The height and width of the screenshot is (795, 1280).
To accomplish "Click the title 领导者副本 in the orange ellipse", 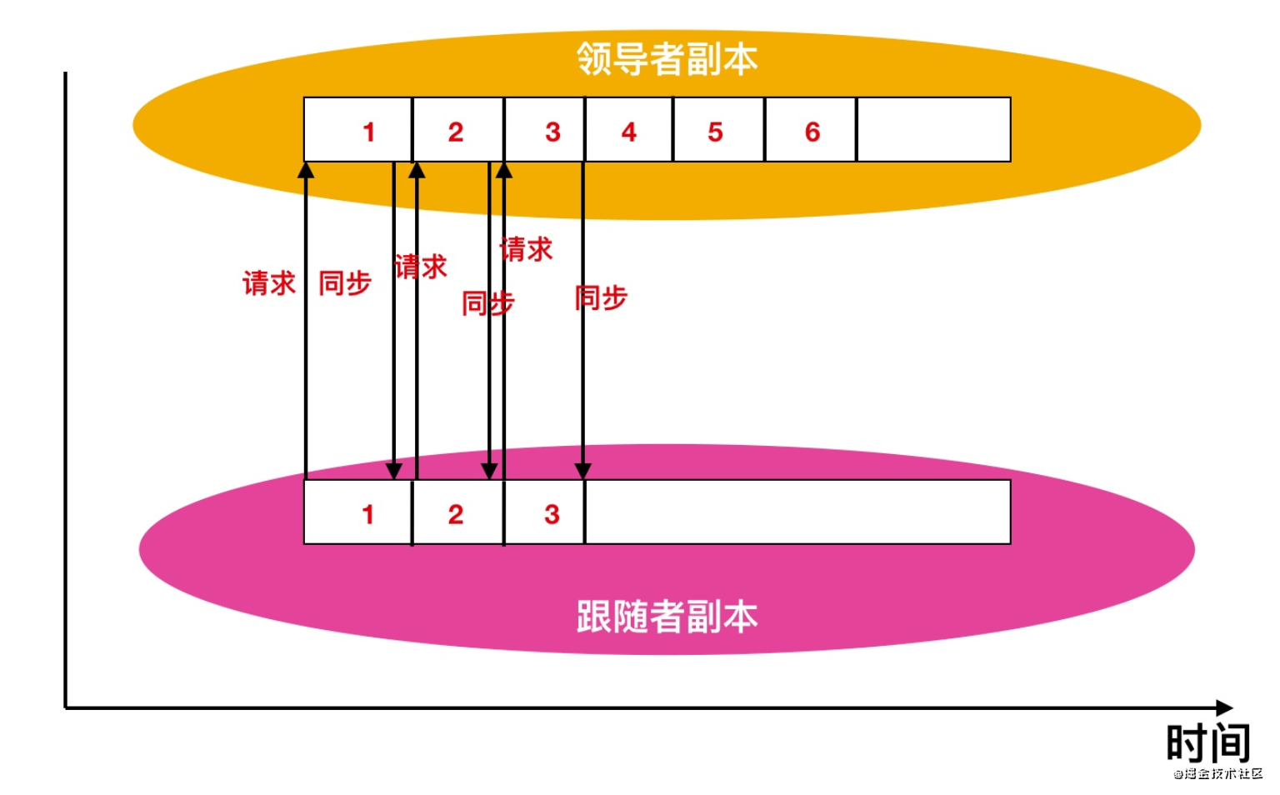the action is coord(667,59).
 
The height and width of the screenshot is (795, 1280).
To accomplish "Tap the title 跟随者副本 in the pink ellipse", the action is coord(667,617).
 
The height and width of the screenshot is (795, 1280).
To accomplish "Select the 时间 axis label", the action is coord(1207,741).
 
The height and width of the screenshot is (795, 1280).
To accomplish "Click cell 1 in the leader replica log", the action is coord(358,130).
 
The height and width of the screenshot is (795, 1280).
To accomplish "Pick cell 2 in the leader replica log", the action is coord(457,130).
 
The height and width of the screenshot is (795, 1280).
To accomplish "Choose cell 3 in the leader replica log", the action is coord(545,130).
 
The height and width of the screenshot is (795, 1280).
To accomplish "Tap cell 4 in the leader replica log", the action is coord(629,130).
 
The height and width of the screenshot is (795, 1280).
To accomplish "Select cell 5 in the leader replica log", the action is coord(718,130).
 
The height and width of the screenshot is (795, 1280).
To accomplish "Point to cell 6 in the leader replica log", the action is coord(810,130).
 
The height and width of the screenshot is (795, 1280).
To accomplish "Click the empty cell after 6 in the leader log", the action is coord(933,130).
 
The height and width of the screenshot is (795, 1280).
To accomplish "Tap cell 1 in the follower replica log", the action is coord(358,512).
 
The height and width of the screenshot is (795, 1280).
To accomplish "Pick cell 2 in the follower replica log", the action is coord(457,512).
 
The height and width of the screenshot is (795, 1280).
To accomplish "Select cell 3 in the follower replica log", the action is coord(545,512).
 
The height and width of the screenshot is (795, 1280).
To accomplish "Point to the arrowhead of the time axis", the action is coord(1225,707).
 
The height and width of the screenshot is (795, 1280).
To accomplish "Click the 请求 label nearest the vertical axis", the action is coord(268,283).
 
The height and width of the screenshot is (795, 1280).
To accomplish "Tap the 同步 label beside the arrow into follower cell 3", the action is coord(601,297).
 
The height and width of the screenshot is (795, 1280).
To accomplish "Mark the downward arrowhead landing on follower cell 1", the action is coord(394,471).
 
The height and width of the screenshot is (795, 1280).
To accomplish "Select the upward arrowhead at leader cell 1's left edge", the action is coord(306,170).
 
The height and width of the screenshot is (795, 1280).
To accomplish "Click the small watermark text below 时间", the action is coord(1218,773).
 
